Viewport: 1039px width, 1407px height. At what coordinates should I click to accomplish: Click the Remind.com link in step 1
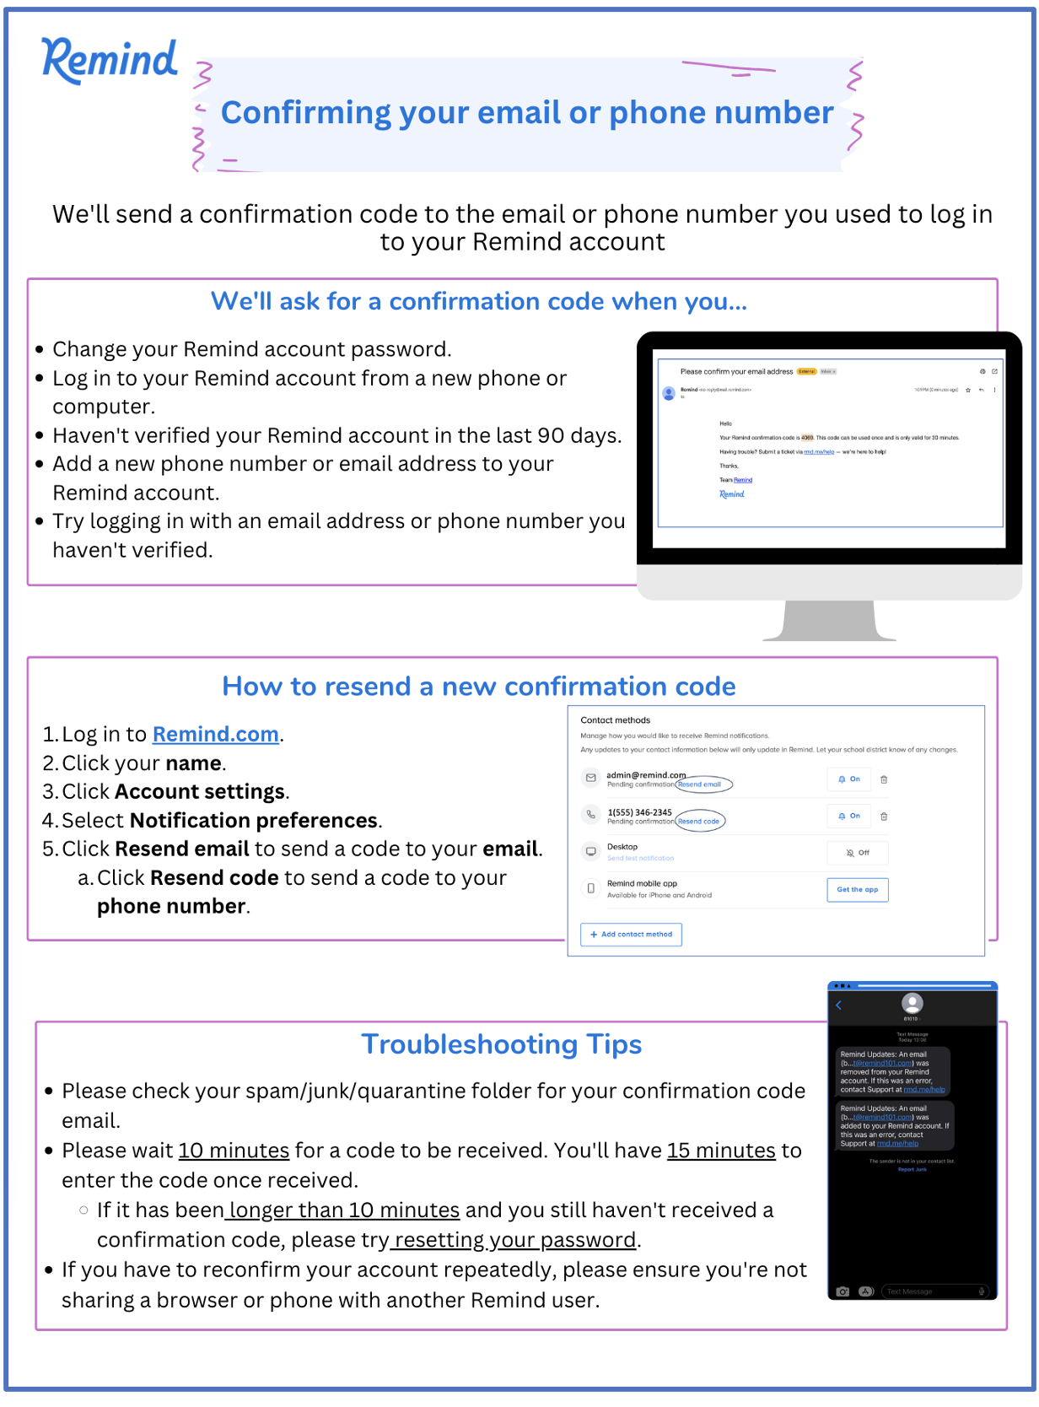point(215,735)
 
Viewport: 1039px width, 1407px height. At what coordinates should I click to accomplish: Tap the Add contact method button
point(631,935)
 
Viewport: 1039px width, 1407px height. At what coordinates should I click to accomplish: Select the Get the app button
point(857,890)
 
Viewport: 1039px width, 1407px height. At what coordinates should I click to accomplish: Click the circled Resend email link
point(700,784)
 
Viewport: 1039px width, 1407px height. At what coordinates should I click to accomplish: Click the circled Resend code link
point(699,822)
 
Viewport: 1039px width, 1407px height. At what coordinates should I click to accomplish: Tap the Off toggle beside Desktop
point(858,853)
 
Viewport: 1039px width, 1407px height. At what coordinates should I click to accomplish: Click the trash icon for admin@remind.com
point(884,779)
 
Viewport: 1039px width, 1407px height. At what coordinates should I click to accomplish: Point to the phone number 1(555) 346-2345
point(639,812)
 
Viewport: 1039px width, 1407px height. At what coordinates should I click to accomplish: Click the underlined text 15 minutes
point(721,1151)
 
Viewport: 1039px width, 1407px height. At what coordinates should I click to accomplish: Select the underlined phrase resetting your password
point(514,1240)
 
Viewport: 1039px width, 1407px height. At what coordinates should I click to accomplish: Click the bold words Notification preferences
point(254,821)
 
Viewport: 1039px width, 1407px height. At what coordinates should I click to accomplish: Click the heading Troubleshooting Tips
point(501,1044)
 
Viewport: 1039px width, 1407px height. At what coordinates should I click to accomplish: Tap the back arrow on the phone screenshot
point(839,1005)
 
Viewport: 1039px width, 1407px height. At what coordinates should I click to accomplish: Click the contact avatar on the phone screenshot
point(912,1003)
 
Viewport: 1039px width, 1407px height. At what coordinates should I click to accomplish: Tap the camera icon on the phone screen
point(843,1291)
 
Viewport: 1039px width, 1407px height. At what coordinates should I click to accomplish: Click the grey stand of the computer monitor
point(829,622)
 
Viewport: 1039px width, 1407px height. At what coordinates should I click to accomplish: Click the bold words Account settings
point(200,792)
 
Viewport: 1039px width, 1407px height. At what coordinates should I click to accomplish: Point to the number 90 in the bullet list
point(551,435)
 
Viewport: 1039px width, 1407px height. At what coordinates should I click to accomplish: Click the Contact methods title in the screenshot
point(615,720)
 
